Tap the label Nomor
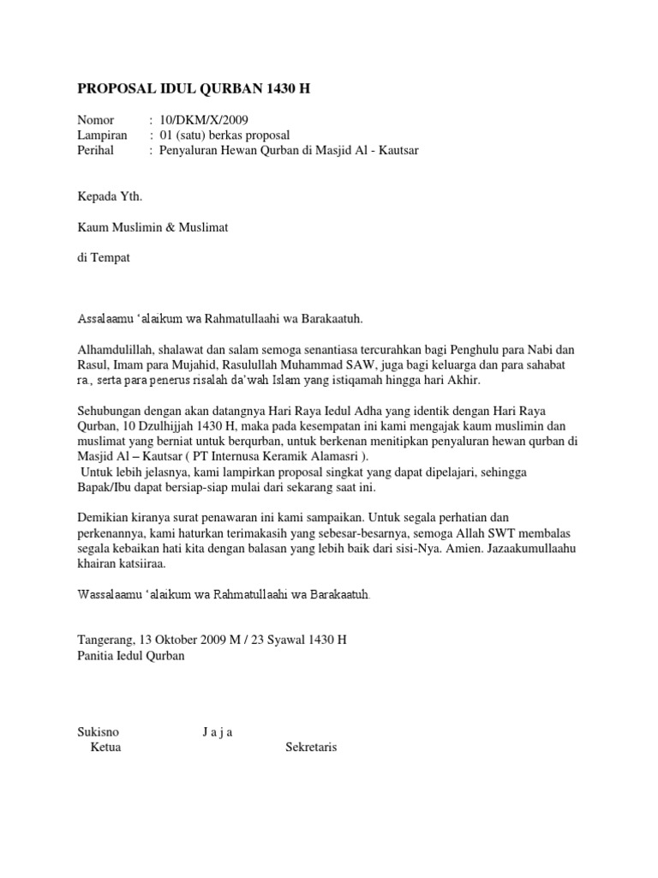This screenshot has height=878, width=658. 95,120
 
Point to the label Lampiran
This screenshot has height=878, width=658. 102,135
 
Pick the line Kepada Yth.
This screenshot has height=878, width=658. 110,196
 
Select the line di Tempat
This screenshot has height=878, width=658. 104,257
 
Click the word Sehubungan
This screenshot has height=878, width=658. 111,411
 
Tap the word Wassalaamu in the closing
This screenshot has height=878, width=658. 110,595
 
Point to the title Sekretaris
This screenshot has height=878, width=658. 311,748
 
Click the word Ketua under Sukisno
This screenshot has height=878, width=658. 105,748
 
